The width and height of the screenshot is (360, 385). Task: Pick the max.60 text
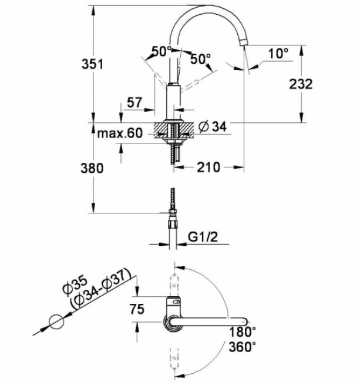point(120,134)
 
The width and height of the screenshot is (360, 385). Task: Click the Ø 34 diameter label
point(213,126)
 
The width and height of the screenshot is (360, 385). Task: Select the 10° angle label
point(279,53)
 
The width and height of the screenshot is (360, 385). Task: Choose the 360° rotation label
point(243,347)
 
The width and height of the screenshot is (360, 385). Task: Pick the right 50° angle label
point(200,59)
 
